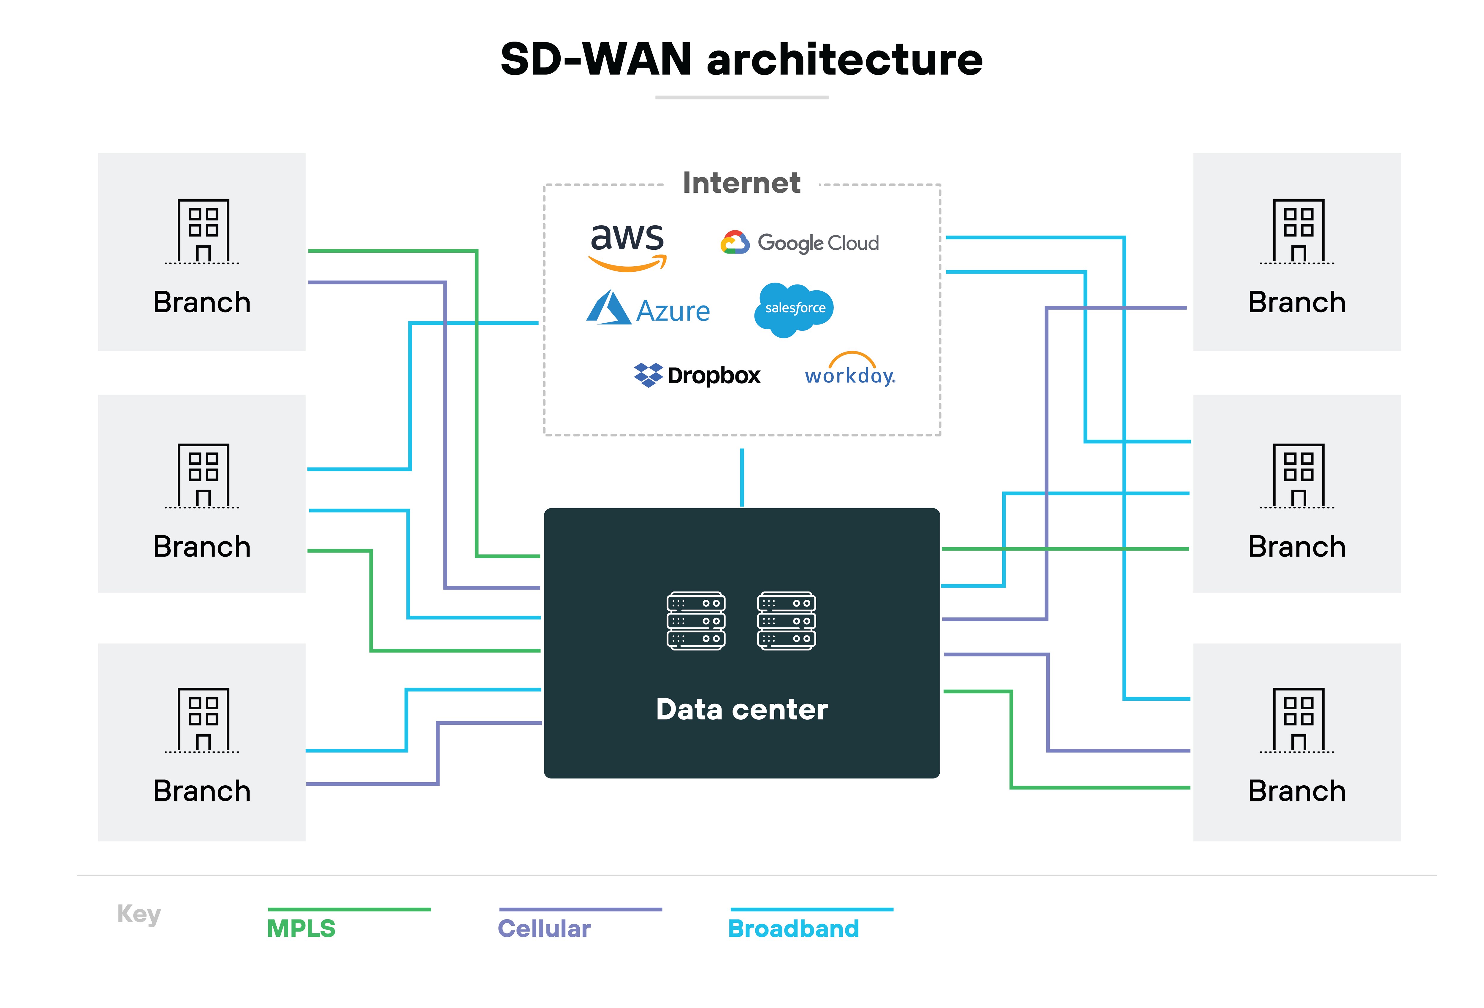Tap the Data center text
(x=741, y=709)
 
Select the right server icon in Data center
(x=786, y=620)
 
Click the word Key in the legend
(x=139, y=914)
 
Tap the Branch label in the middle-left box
(x=202, y=547)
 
